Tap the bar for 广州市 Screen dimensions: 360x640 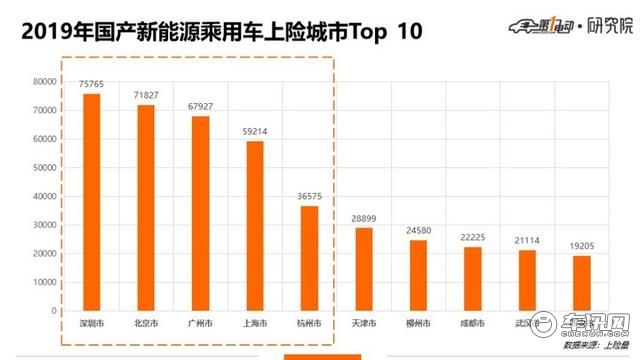[200, 214]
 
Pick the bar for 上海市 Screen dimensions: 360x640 [255, 226]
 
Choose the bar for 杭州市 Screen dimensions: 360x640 [309, 259]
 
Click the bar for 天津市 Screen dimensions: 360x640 [363, 270]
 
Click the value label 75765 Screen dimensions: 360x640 [91, 86]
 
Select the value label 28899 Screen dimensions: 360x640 [363, 219]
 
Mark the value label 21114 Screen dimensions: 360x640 [526, 241]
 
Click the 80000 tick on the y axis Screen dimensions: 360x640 [44, 82]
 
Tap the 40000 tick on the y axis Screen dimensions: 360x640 [44, 197]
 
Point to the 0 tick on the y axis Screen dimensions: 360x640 [56, 311]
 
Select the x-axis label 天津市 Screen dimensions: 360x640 [363, 324]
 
